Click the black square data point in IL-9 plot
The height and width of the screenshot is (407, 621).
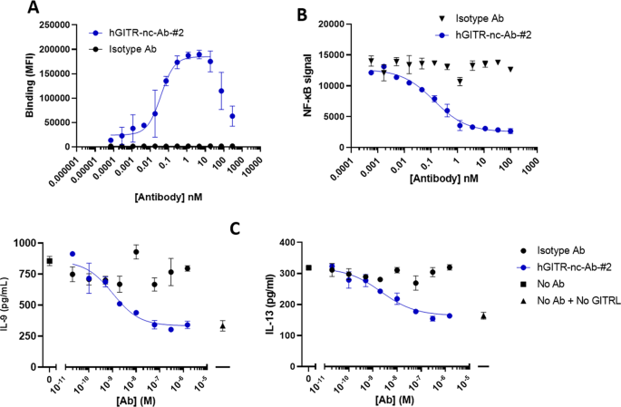pyautogui.click(x=50, y=261)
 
